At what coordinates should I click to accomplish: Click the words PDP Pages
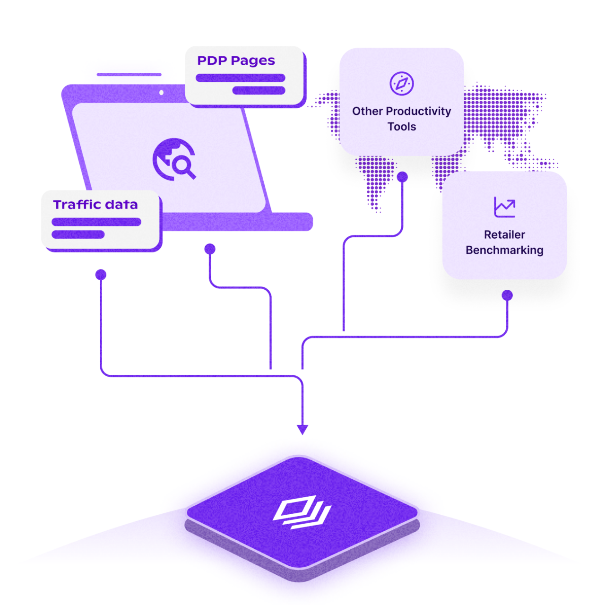(236, 61)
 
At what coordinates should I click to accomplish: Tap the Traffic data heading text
(95, 205)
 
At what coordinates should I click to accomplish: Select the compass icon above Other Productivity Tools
(402, 84)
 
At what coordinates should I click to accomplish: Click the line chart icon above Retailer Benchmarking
(504, 207)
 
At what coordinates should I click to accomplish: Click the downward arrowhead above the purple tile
(302, 429)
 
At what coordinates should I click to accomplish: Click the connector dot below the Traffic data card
(101, 275)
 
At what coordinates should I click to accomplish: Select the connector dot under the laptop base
(210, 249)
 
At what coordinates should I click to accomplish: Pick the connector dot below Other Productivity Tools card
(402, 177)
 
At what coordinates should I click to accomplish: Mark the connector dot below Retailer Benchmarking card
(507, 295)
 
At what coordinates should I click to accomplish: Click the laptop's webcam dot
(162, 92)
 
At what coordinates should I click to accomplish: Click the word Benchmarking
(504, 250)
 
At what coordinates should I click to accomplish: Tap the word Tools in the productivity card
(402, 127)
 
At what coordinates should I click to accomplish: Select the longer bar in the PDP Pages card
(241, 78)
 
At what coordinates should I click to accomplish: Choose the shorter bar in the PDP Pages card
(259, 90)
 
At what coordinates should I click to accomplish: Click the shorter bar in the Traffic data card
(78, 234)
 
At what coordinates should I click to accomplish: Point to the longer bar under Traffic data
(96, 222)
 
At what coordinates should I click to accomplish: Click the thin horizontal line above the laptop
(129, 74)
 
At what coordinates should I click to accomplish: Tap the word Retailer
(504, 235)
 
